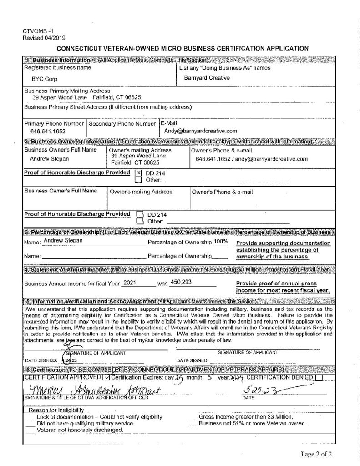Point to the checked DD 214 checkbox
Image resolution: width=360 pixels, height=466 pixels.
139,173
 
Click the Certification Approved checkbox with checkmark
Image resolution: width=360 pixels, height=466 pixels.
107,377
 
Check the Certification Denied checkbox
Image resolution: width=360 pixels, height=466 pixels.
319,377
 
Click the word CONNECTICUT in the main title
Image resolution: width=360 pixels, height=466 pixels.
82,47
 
